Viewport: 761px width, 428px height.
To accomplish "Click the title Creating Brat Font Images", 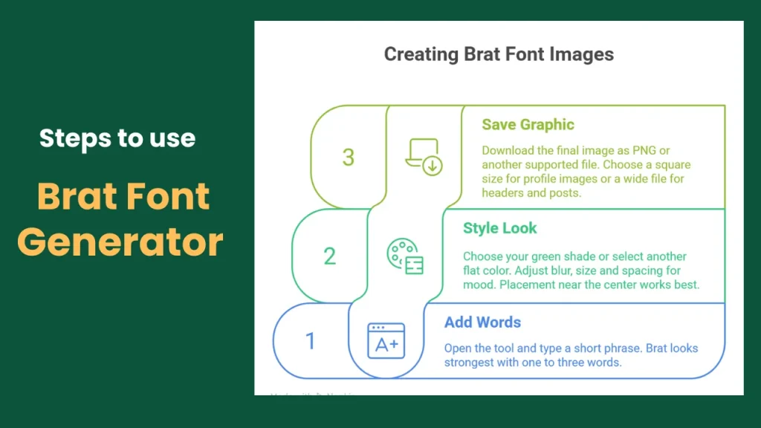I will coord(499,54).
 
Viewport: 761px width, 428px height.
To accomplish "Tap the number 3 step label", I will coord(349,157).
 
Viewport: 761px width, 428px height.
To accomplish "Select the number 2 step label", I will coord(330,256).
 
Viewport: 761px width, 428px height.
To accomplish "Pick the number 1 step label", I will coord(311,341).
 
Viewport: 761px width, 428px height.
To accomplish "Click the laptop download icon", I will coord(424,157).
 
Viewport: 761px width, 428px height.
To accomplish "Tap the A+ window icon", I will coord(386,341).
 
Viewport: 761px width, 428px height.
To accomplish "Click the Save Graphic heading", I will coord(528,125).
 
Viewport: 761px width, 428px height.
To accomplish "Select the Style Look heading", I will coord(499,228).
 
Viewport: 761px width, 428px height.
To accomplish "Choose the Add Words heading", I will coord(482,322).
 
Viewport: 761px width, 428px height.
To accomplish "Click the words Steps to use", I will coord(117,138).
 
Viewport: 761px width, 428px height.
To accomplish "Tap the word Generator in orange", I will coord(120,241).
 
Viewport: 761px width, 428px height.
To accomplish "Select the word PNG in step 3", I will coord(641,150).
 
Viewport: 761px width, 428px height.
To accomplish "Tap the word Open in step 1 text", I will coord(459,348).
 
